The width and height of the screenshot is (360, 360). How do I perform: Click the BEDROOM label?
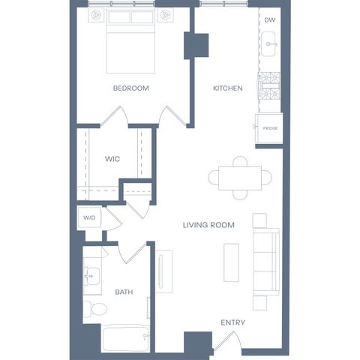(131, 88)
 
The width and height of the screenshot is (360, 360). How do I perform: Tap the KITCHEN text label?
(228, 88)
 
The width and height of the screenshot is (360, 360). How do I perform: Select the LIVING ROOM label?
(208, 225)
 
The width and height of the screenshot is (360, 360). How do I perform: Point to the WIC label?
(112, 159)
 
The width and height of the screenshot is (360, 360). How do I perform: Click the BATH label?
(124, 292)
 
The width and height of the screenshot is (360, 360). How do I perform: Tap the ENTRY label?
(232, 322)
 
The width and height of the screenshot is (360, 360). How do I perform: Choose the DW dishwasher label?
(270, 20)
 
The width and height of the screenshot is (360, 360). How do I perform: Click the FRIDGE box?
(269, 128)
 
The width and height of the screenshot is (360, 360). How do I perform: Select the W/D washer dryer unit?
(89, 217)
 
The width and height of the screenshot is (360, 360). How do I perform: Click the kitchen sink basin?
(268, 44)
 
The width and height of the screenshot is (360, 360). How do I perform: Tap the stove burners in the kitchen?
(269, 85)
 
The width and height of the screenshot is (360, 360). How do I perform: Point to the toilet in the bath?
(95, 308)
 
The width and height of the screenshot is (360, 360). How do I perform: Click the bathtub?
(126, 338)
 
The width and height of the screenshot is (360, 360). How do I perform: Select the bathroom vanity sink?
(92, 277)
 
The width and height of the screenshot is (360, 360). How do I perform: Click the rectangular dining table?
(240, 178)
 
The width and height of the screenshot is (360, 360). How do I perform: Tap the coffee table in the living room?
(231, 262)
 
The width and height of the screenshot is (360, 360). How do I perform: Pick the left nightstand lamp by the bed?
(96, 15)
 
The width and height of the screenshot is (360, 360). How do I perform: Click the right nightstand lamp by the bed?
(165, 15)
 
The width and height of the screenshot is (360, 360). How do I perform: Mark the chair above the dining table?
(240, 161)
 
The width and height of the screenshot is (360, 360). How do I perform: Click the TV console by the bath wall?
(163, 271)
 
